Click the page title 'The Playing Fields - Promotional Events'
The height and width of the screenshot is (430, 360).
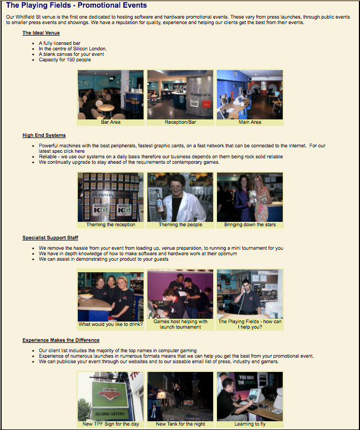coord(76,5)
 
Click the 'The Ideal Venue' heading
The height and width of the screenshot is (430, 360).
coord(41,33)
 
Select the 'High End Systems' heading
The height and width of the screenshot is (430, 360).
coord(44,135)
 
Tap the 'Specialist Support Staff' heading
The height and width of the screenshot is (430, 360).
coord(50,238)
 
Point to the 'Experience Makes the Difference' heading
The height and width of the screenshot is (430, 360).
coord(61,340)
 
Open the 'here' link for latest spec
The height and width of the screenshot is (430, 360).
coord(79,151)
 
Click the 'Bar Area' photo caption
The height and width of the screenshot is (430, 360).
coord(111,122)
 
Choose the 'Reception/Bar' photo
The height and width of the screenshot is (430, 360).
coord(180,95)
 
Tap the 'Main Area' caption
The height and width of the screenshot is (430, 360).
coord(250,122)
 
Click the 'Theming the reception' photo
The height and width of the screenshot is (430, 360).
coord(111,197)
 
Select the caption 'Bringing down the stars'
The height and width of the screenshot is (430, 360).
coord(250,225)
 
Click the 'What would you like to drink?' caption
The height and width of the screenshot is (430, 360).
coord(111,324)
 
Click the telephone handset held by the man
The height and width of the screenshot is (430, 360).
coord(243,290)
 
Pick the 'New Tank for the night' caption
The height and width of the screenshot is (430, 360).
coord(180,424)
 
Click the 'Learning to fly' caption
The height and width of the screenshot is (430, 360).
coord(250,424)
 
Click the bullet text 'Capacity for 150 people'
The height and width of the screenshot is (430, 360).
coord(65,60)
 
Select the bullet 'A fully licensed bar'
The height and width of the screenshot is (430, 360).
coord(60,43)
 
